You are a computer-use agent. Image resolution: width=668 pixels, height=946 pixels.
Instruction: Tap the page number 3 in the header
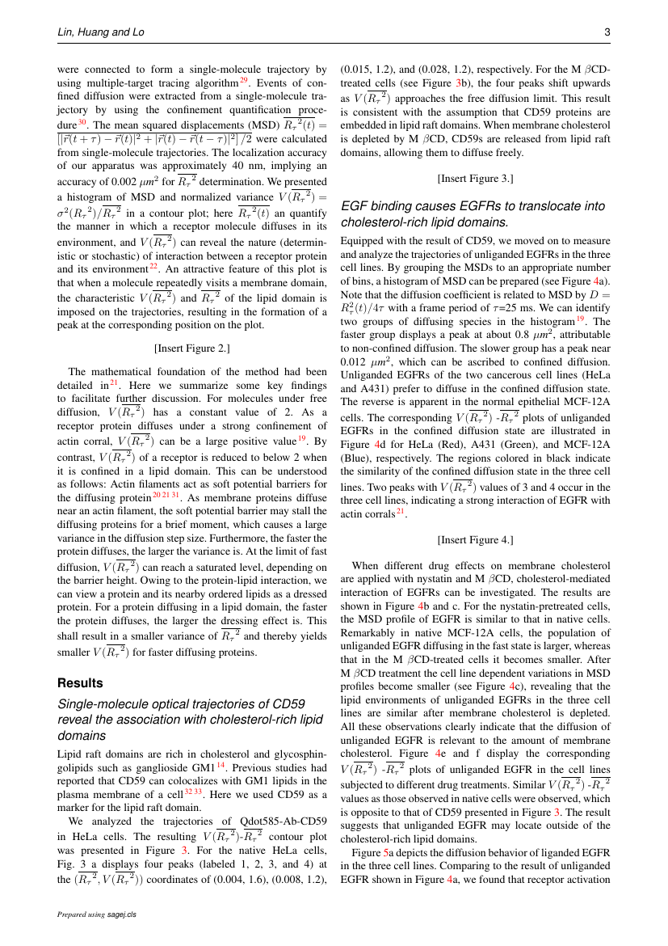click(607, 32)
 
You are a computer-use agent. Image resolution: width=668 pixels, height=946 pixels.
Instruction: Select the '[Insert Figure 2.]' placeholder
click(191, 348)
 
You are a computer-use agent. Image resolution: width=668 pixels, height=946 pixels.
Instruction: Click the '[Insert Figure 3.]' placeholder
click(475, 178)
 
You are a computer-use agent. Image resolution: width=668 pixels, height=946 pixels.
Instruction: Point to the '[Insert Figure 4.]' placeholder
click(475, 539)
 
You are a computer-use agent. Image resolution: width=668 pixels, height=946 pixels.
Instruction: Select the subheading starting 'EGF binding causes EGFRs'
click(473, 213)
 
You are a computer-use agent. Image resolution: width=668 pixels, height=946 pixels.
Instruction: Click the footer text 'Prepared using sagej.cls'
click(97, 914)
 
